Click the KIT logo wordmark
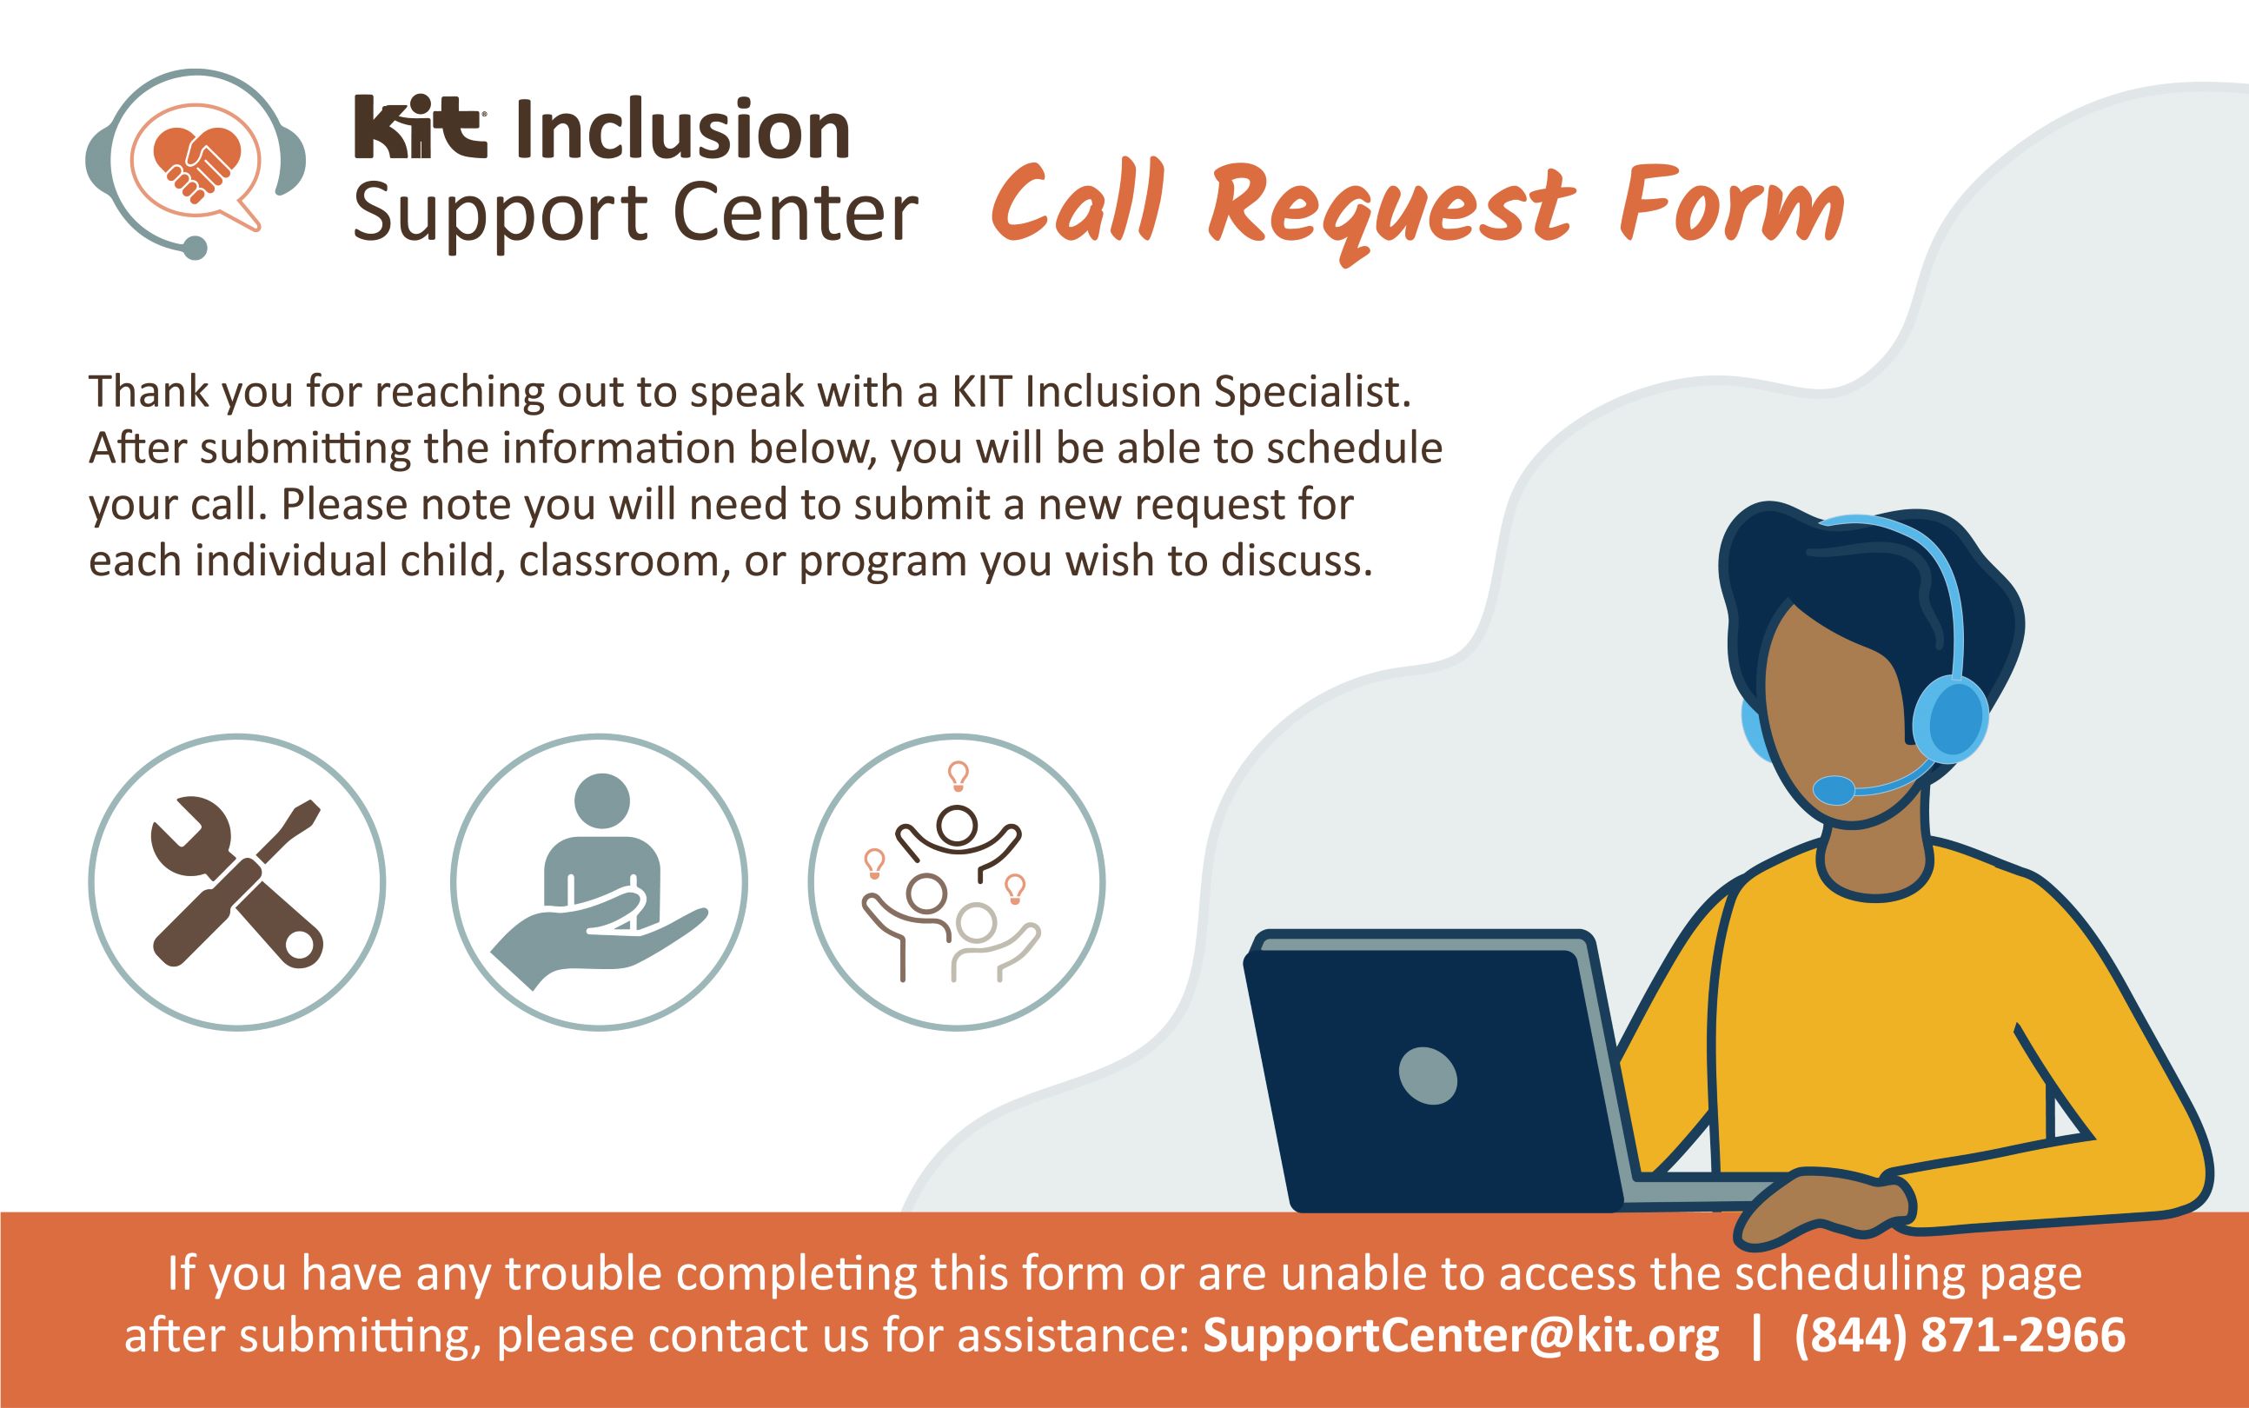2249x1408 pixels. (420, 130)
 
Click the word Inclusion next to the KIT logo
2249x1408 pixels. (681, 131)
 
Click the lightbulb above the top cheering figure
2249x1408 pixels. (958, 774)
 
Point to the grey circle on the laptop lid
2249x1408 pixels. (1428, 1077)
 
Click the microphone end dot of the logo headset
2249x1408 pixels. (195, 248)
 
